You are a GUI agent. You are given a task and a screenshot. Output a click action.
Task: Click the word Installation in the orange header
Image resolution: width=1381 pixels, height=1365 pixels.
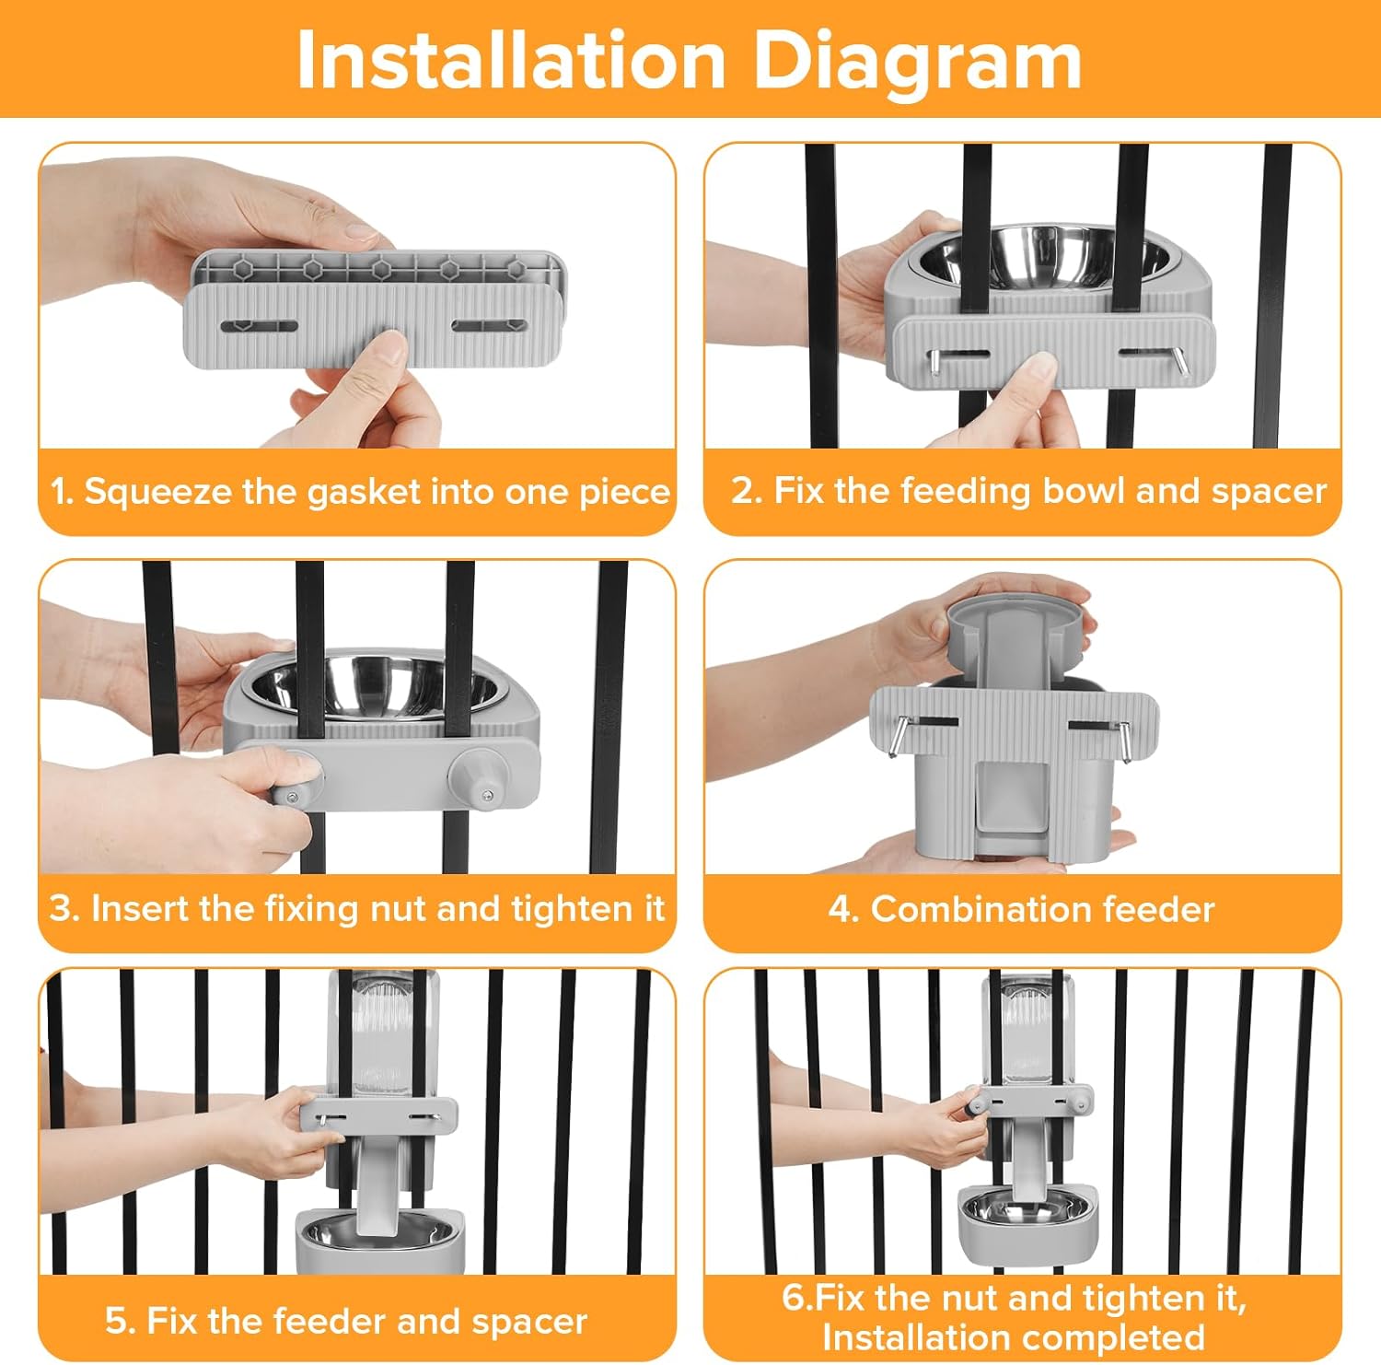point(512,61)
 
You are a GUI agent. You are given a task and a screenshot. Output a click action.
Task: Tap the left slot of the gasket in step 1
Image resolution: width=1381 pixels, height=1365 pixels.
point(261,326)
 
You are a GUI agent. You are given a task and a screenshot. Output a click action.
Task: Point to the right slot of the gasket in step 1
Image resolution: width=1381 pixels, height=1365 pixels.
point(489,325)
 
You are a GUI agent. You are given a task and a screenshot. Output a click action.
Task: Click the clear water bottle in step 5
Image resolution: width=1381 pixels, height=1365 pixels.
point(382,1032)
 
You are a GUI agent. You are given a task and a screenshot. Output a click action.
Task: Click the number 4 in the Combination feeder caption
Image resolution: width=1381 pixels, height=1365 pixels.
point(841,910)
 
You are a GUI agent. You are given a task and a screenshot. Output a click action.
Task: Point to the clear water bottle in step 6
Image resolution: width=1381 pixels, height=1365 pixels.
point(1026,1032)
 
